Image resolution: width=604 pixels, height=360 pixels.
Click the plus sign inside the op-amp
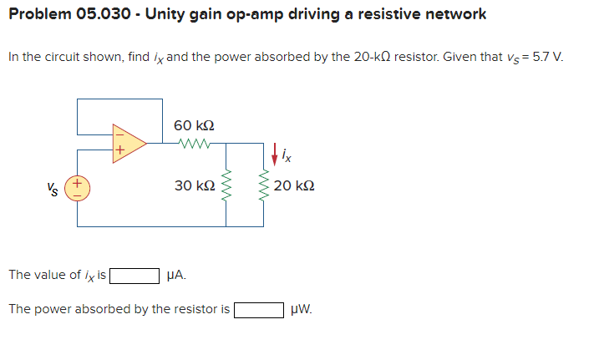pyautogui.click(x=119, y=152)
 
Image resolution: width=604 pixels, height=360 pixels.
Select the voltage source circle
pyautogui.click(x=79, y=185)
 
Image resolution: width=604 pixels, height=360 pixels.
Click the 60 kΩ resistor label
pyautogui.click(x=194, y=124)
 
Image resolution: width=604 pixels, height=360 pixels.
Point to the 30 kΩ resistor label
pyautogui.click(x=194, y=185)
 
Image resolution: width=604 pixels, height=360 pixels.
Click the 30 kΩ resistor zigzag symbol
pyautogui.click(x=226, y=185)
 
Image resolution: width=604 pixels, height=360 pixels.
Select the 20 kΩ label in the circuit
pyautogui.click(x=293, y=185)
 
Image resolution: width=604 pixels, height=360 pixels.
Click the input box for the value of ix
pyautogui.click(x=135, y=275)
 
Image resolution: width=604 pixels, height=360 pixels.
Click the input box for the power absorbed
pyautogui.click(x=259, y=310)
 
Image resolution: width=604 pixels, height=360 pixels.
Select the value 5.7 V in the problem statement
pyautogui.click(x=548, y=58)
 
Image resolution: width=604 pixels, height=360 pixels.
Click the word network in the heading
pyautogui.click(x=451, y=14)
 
